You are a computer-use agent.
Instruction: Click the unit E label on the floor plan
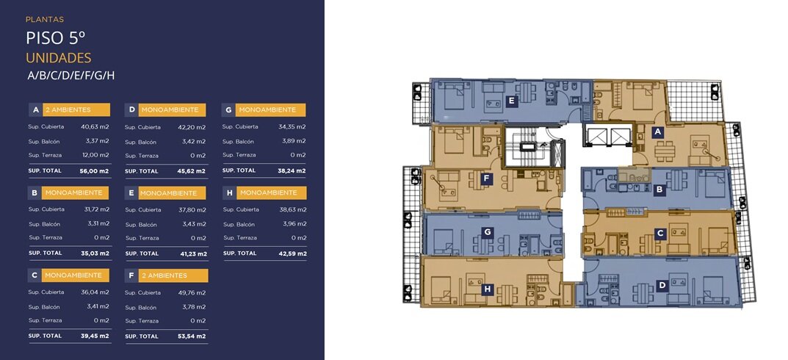(x=511, y=101)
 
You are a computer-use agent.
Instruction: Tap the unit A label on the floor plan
(x=657, y=132)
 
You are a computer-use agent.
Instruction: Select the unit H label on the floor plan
(x=486, y=289)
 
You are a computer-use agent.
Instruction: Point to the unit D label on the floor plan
(x=662, y=286)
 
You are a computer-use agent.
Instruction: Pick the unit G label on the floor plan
(x=486, y=231)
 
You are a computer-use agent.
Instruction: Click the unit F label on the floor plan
(x=485, y=179)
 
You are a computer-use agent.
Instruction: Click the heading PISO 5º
(x=55, y=38)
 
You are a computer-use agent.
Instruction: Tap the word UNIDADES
(x=58, y=58)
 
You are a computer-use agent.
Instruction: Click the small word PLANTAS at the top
(x=45, y=20)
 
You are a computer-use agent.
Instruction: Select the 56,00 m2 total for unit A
(x=94, y=171)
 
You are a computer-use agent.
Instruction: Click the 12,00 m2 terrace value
(x=95, y=155)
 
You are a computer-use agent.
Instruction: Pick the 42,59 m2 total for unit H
(x=292, y=253)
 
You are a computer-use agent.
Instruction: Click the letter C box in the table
(x=35, y=276)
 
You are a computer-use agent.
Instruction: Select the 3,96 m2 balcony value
(x=294, y=224)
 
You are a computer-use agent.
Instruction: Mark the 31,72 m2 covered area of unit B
(x=96, y=209)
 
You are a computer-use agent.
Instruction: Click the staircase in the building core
(x=528, y=147)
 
